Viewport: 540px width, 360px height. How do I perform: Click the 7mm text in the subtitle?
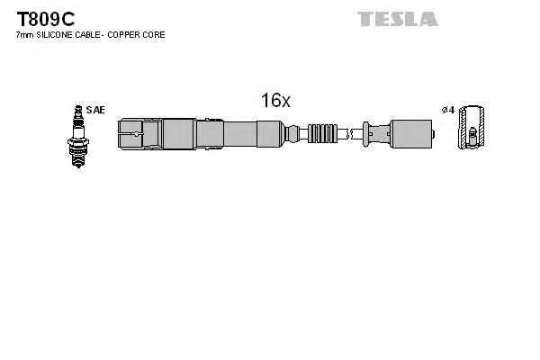point(24,34)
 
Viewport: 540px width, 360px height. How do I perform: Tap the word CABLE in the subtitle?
point(88,34)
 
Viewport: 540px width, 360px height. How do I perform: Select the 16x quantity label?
point(275,101)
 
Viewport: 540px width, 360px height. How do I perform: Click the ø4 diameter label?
point(447,110)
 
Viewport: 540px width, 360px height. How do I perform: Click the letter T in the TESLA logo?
point(364,18)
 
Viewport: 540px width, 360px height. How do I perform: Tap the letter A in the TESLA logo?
point(428,18)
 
